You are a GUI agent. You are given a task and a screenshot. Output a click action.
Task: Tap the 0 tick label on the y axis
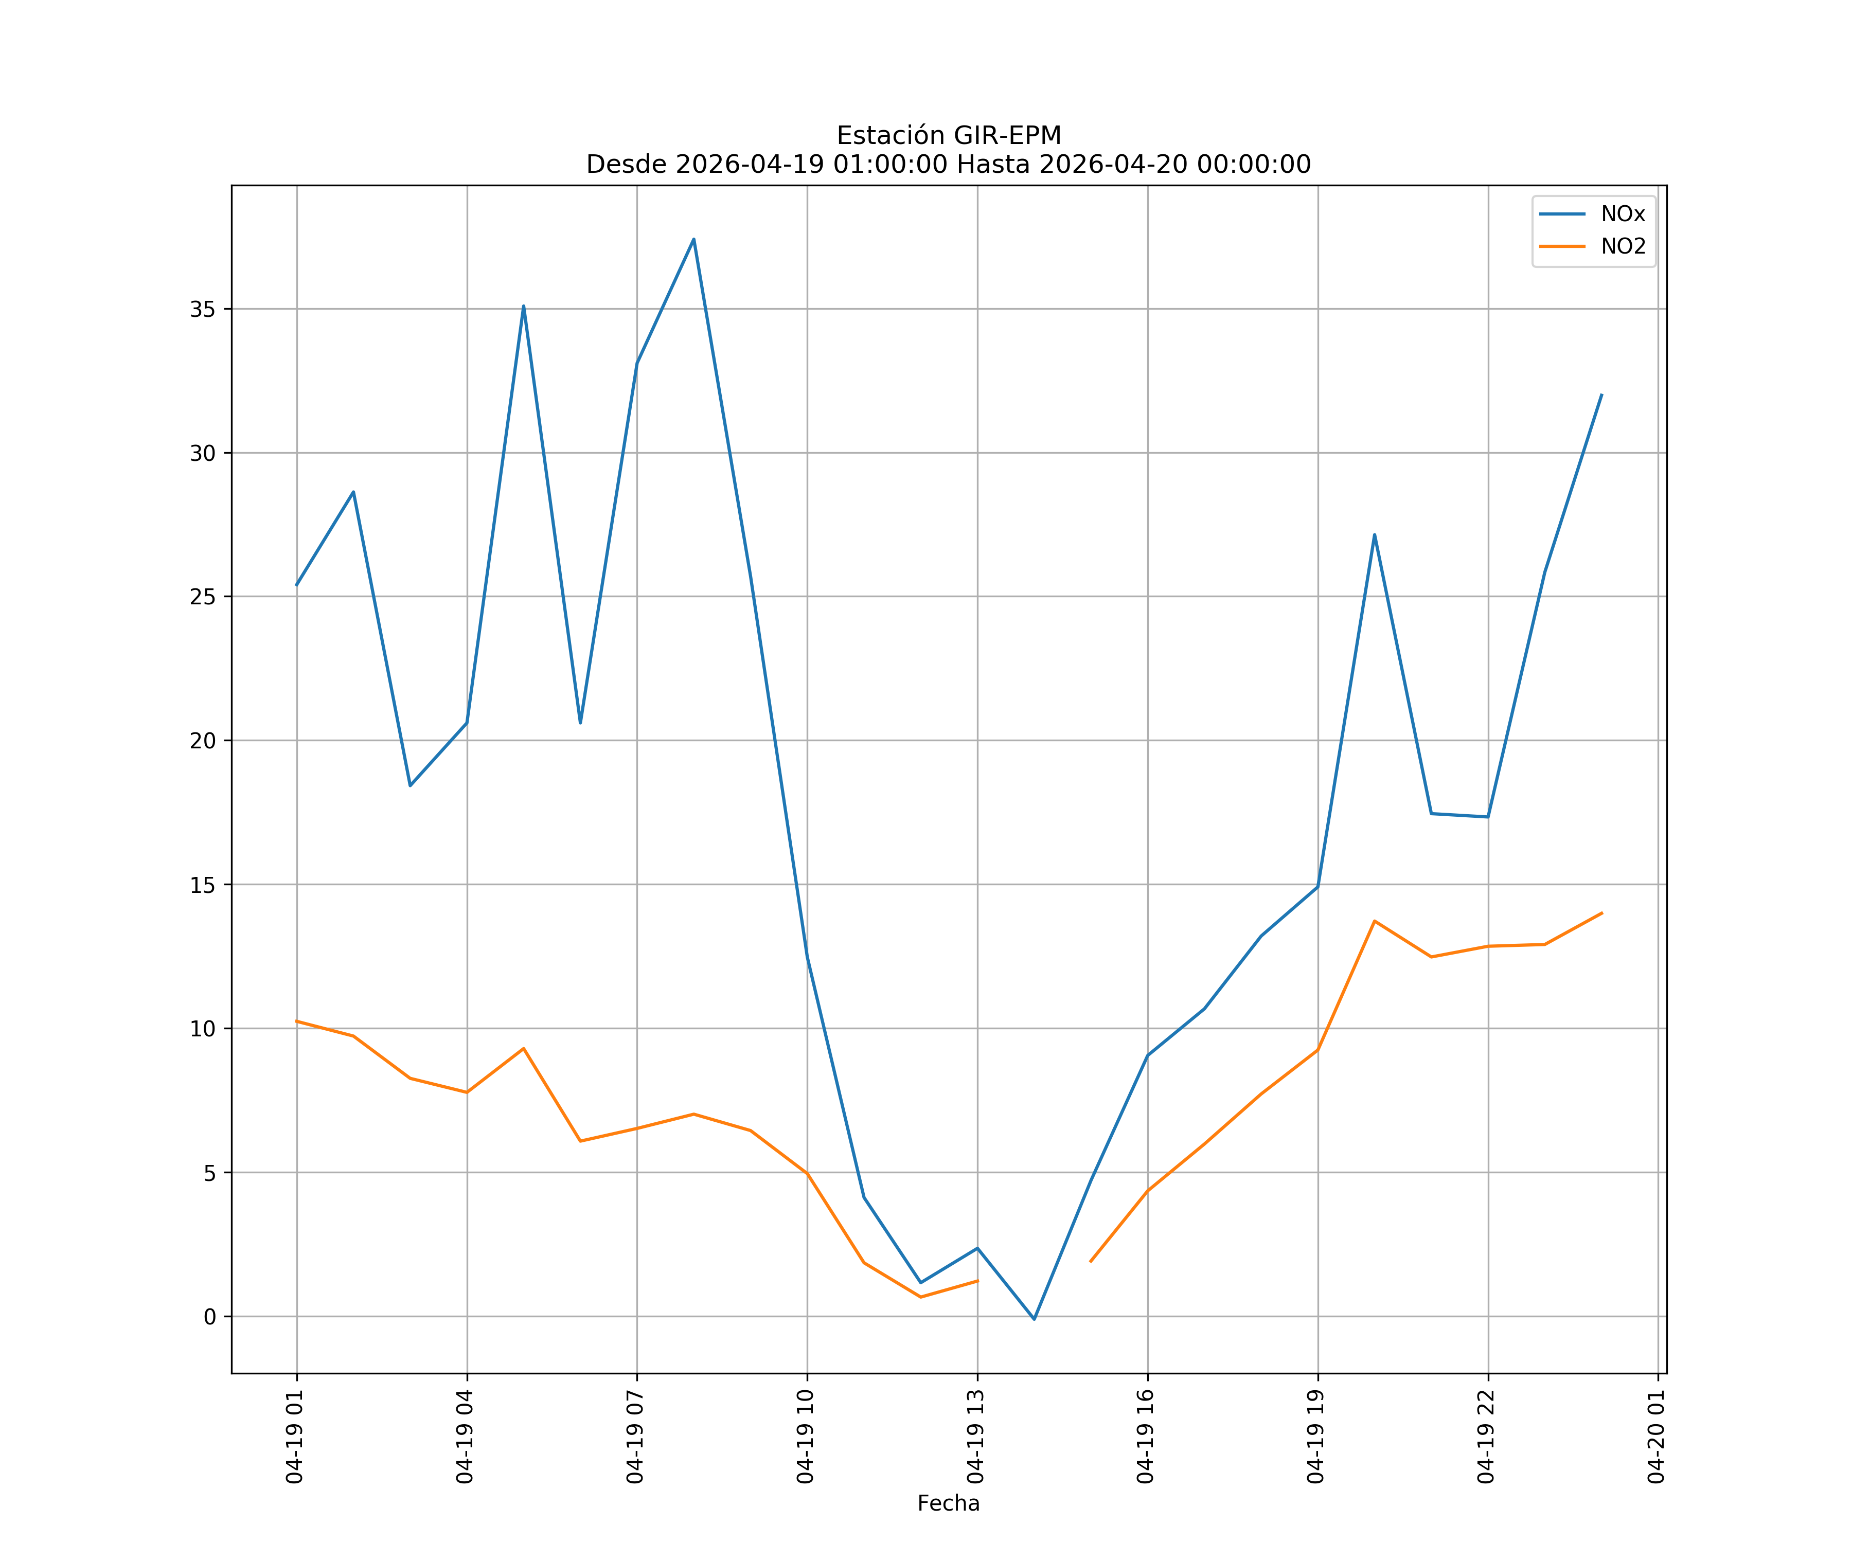[x=210, y=1316]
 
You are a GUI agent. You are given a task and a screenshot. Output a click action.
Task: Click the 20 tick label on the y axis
[x=202, y=741]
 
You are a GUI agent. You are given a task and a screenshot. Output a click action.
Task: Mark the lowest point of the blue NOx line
[x=1035, y=1319]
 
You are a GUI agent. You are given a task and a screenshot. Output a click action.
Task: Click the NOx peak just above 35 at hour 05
[x=523, y=306]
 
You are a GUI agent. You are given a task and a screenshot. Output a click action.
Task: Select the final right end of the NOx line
[x=1601, y=395]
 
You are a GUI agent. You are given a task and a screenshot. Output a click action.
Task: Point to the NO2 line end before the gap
[x=977, y=1280]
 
